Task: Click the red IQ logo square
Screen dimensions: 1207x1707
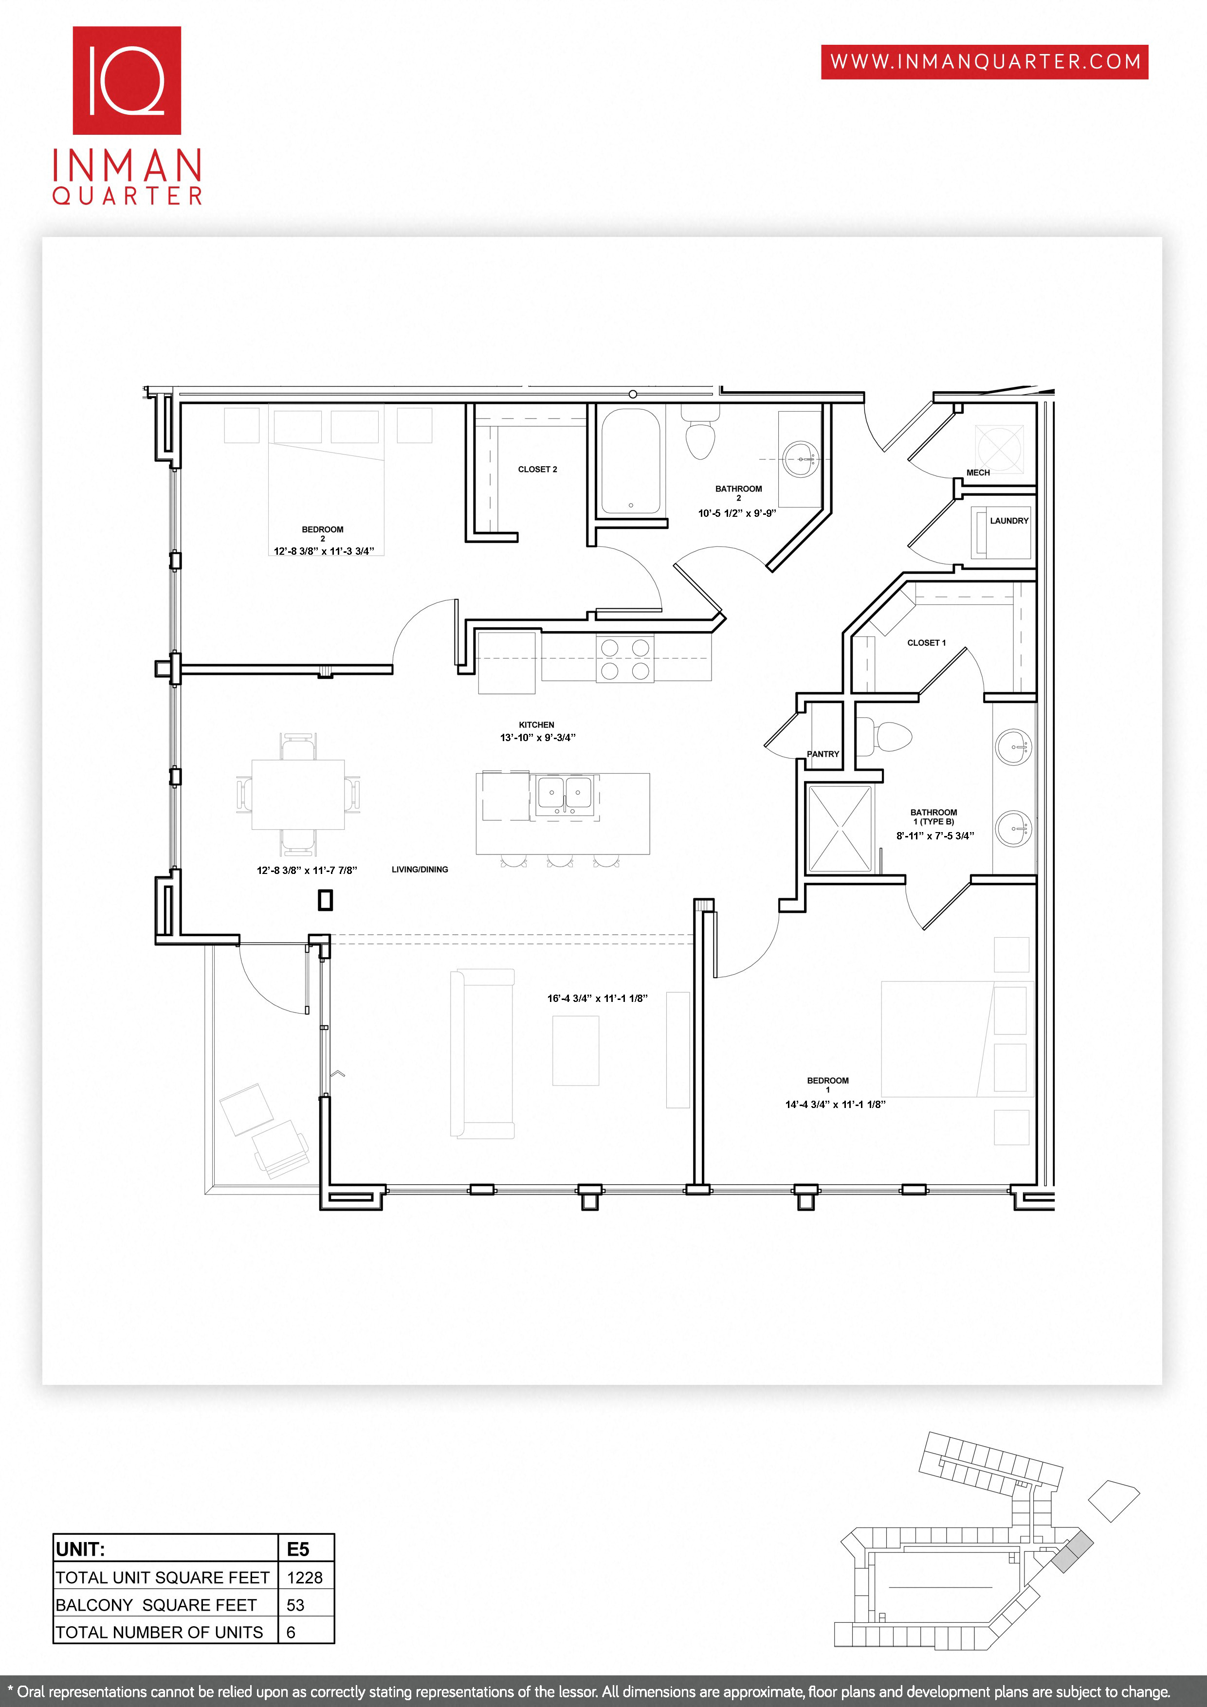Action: [x=127, y=80]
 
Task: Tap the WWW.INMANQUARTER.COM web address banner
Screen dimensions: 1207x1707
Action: [x=985, y=62]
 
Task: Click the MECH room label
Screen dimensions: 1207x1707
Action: [x=978, y=472]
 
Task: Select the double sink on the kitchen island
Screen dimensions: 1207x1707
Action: [x=565, y=796]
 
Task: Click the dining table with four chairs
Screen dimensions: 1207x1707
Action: [x=298, y=794]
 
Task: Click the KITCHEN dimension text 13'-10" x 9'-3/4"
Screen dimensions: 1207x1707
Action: [x=537, y=738]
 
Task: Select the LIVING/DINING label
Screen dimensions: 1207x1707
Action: [x=420, y=869]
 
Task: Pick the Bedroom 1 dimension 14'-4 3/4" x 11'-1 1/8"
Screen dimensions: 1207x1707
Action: [x=835, y=1104]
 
